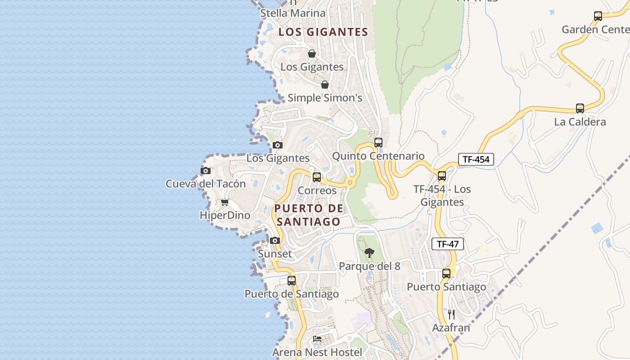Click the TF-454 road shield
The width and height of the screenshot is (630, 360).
[476, 159]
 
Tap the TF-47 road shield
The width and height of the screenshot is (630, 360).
[447, 244]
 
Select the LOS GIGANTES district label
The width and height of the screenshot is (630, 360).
[323, 32]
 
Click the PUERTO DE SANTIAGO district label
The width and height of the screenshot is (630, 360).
[309, 215]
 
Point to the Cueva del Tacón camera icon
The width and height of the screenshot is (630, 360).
[206, 171]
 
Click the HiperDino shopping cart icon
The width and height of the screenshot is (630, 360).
[225, 202]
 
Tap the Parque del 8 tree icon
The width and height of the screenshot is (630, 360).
[369, 253]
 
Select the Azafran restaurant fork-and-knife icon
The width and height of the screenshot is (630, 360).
[451, 314]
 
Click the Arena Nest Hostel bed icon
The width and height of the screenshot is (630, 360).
[317, 339]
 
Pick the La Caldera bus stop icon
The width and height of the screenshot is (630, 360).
[580, 108]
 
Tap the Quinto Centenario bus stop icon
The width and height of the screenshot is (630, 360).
[378, 143]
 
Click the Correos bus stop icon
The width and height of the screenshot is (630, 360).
[317, 177]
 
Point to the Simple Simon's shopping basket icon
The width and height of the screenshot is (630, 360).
[325, 85]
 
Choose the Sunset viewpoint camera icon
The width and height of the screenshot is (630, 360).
[275, 241]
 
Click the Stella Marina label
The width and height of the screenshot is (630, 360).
[293, 13]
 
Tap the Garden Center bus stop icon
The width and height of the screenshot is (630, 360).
[598, 16]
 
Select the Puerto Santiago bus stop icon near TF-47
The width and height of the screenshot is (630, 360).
[446, 274]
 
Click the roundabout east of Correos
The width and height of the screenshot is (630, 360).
[350, 183]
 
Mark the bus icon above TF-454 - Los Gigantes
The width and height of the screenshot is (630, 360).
[442, 176]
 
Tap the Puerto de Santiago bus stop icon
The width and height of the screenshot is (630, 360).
[292, 281]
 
